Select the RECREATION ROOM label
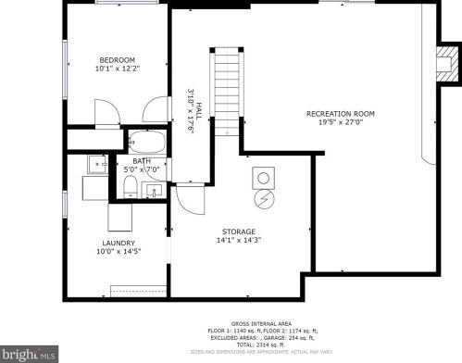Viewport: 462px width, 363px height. coord(347,114)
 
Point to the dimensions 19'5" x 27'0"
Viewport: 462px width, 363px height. coord(347,123)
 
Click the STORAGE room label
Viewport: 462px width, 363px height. coord(238,231)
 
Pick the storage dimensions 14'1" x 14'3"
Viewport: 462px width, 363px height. coord(238,240)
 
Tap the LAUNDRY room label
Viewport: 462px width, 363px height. coord(119,243)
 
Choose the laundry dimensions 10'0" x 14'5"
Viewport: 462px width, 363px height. coord(119,252)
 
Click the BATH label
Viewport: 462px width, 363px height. coord(142,160)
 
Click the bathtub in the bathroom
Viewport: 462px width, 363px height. coord(144,143)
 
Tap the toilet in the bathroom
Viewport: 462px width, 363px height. coord(131,189)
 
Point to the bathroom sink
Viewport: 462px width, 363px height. coord(154,191)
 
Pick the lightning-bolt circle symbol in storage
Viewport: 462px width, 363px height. coord(263,197)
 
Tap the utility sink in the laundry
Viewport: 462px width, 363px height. coord(97,165)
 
